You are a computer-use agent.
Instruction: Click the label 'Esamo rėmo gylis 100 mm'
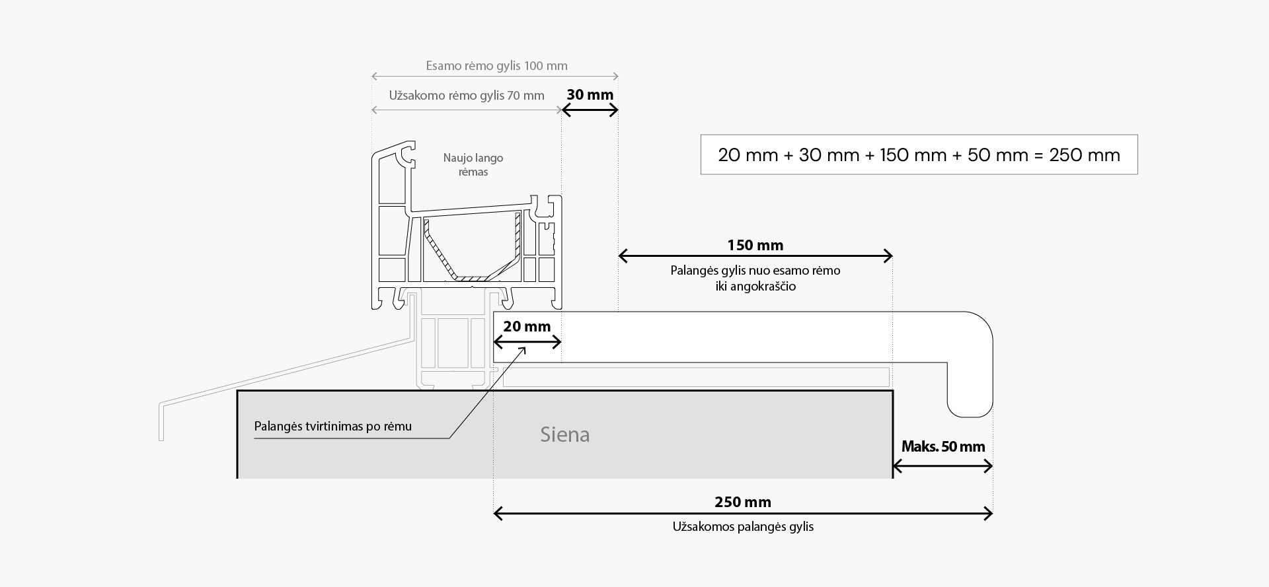(496, 66)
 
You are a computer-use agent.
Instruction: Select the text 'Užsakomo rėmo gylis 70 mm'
(467, 96)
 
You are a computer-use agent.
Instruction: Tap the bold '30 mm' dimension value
(590, 95)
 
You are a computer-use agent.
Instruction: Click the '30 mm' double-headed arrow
(590, 110)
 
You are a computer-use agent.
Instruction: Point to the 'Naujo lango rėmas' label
(473, 165)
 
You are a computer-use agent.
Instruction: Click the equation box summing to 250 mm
(919, 155)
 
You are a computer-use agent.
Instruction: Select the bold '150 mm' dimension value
(755, 246)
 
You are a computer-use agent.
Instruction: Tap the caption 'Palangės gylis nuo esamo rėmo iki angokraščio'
(755, 279)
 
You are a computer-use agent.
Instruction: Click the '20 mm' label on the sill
(527, 326)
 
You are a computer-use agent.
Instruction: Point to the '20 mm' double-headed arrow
(527, 342)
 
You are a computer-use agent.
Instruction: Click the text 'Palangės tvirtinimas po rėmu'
(332, 427)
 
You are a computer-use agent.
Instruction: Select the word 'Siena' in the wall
(564, 434)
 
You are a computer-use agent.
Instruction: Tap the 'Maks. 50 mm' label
(942, 447)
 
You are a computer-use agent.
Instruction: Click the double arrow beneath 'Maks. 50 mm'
(942, 467)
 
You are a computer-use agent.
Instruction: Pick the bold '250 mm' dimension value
(742, 502)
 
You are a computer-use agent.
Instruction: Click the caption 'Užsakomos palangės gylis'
(742, 527)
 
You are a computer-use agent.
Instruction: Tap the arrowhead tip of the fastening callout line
(525, 348)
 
